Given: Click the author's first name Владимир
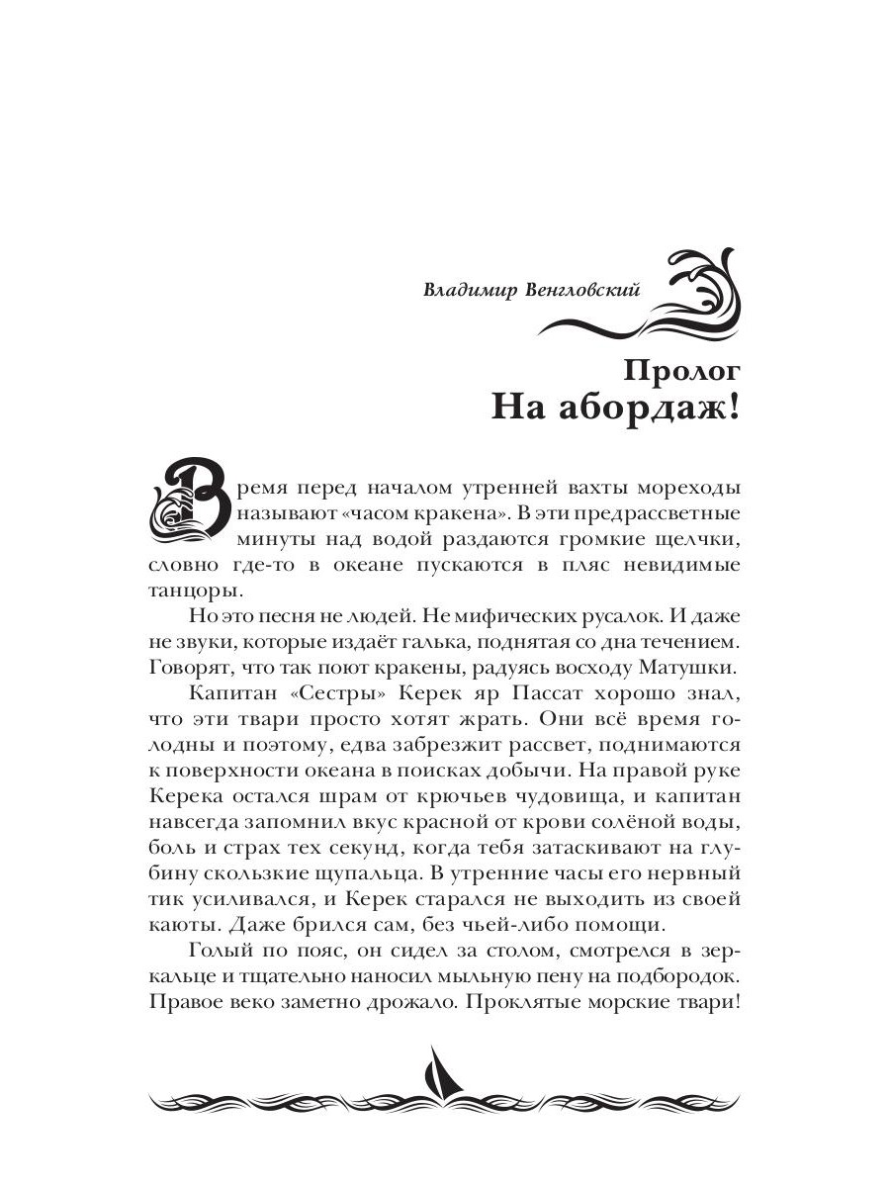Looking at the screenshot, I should click(x=462, y=290).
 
